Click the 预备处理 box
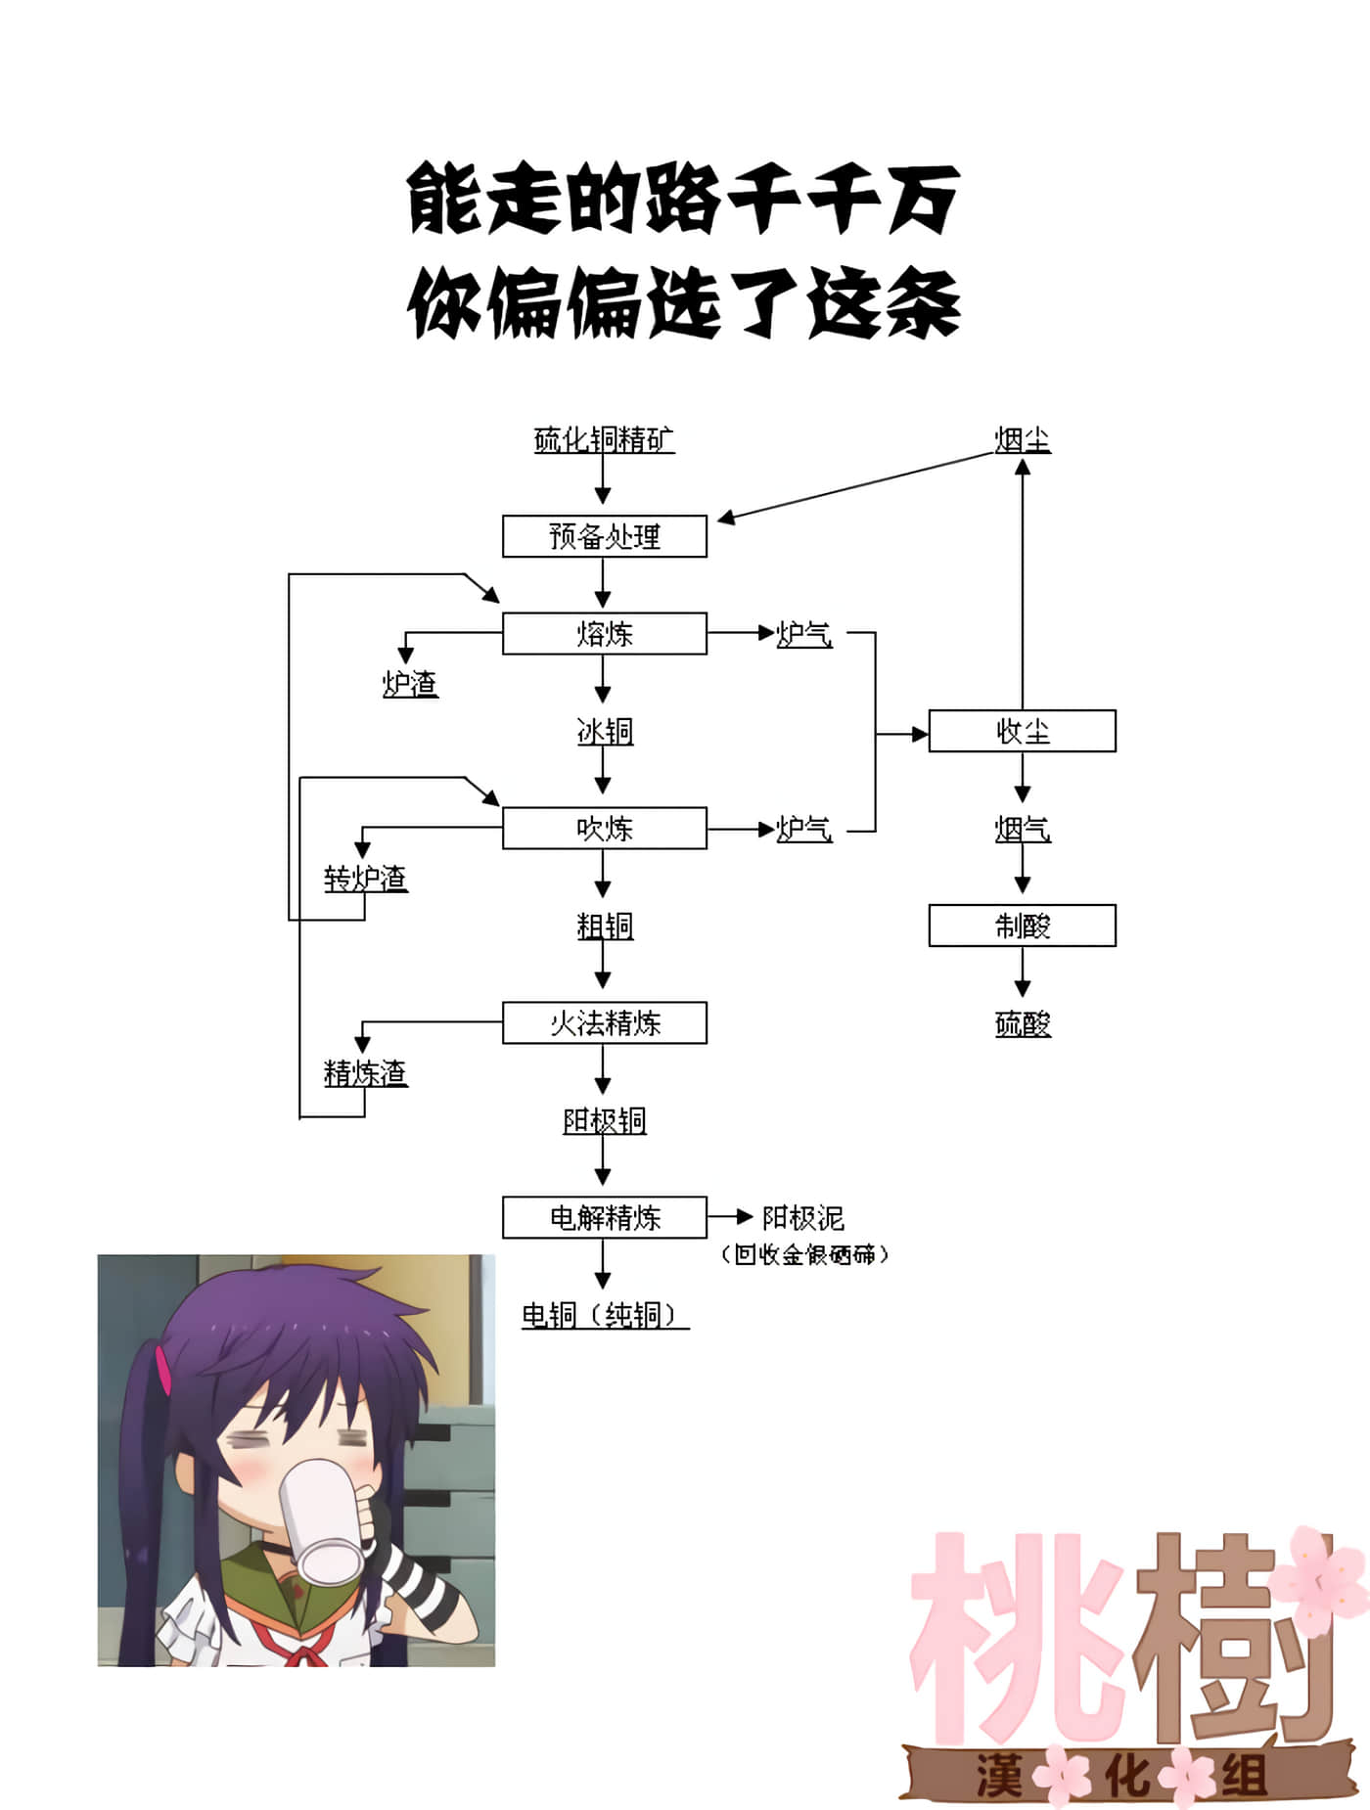point(604,536)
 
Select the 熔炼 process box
point(604,634)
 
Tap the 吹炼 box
point(604,829)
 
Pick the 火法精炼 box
point(604,1023)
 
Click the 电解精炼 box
point(604,1218)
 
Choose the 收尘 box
point(1022,731)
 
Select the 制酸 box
point(1022,926)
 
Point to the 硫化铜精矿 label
point(604,440)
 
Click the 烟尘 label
point(1023,440)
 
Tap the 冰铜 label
point(605,731)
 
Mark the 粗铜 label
point(605,926)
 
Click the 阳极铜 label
point(604,1120)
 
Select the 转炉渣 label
point(365,878)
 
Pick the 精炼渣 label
point(365,1072)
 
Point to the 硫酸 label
point(1023,1024)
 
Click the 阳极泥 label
point(802,1218)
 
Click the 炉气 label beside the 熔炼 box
point(803,634)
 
